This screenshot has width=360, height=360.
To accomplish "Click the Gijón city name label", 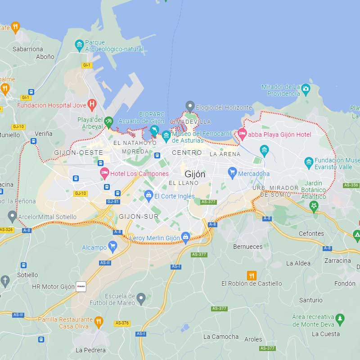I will [x=195, y=174].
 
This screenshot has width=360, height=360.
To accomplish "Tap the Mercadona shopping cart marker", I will [x=232, y=171].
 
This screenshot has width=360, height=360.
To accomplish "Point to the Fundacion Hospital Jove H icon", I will [x=92, y=105].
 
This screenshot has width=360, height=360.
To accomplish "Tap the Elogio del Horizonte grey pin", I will [x=190, y=106].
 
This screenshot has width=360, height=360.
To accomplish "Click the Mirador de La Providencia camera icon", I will [x=306, y=88].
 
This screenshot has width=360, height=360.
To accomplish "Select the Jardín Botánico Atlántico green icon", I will [x=314, y=206].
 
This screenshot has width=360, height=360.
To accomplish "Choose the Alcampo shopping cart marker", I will [x=113, y=246].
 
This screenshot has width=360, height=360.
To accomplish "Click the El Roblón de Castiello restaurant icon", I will [x=252, y=275].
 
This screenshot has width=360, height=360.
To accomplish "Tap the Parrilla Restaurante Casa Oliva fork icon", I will [x=99, y=321].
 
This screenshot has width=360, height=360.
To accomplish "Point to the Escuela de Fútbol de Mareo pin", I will [x=141, y=297].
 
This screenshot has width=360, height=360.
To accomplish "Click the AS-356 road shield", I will [x=351, y=185].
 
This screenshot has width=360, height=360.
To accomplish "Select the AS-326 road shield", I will [x=6, y=229].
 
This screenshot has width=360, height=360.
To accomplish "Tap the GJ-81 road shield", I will [x=113, y=202].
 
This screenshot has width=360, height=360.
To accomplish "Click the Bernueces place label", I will [x=247, y=247].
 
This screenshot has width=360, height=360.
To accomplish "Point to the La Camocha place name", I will [x=221, y=337].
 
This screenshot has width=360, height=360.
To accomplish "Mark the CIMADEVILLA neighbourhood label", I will [x=190, y=122].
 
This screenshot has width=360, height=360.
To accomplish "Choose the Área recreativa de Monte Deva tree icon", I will [x=340, y=319].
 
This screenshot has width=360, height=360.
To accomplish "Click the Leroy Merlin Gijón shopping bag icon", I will [x=185, y=237].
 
